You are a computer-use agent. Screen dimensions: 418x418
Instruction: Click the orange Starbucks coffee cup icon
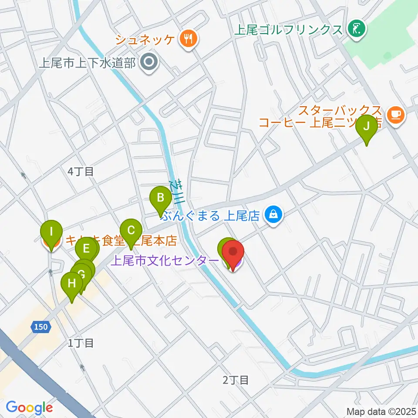(396, 115)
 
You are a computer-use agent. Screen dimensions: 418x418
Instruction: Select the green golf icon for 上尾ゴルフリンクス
(357, 30)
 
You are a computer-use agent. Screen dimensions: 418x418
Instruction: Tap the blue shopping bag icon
(273, 215)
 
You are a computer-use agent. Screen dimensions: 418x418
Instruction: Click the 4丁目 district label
(81, 172)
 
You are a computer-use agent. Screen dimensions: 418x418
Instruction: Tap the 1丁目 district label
(81, 343)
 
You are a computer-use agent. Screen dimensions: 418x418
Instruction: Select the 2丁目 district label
(236, 380)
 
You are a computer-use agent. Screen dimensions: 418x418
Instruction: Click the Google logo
(29, 408)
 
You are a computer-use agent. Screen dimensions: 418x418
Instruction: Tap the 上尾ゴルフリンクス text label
(288, 30)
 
